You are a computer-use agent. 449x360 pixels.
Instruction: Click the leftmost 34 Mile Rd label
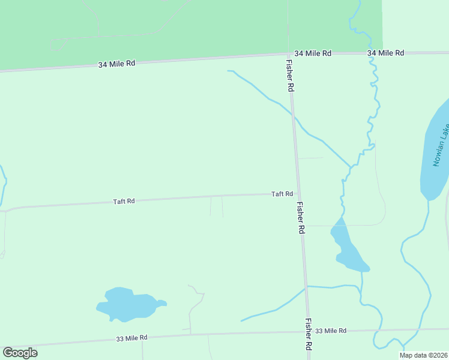pyautogui.click(x=118, y=63)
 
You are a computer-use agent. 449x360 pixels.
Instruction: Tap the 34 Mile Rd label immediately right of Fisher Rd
pyautogui.click(x=313, y=53)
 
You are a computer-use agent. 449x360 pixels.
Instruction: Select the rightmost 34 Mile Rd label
pyautogui.click(x=386, y=53)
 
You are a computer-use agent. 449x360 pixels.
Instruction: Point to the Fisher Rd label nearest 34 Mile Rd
pyautogui.click(x=290, y=76)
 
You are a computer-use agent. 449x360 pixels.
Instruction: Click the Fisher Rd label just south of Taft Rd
pyautogui.click(x=301, y=217)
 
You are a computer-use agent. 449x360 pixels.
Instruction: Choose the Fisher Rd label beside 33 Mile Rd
pyautogui.click(x=309, y=334)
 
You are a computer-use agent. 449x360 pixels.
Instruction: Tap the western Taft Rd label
pyautogui.click(x=124, y=202)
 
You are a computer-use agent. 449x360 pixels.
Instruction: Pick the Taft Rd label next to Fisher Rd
pyautogui.click(x=282, y=194)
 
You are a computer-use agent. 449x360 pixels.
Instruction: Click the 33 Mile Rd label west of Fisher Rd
pyautogui.click(x=131, y=338)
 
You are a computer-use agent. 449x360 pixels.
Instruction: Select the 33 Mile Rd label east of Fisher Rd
pyautogui.click(x=331, y=331)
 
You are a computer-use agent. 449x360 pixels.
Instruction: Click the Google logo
pyautogui.click(x=20, y=353)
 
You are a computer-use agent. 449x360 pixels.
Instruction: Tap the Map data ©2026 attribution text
pyautogui.click(x=423, y=355)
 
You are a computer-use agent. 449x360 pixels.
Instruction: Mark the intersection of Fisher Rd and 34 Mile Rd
pyautogui.click(x=289, y=54)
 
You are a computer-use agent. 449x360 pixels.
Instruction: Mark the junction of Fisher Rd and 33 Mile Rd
pyautogui.click(x=309, y=331)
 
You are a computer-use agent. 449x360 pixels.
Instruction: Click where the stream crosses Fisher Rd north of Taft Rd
pyautogui.click(x=294, y=114)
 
